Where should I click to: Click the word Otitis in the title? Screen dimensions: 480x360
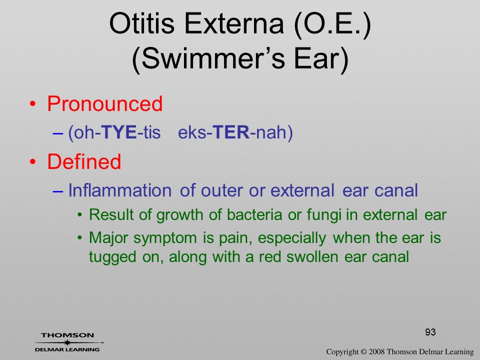coord(141,24)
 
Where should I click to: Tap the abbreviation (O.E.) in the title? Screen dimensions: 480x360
coord(332,24)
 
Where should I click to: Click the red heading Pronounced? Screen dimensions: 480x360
coord(104,104)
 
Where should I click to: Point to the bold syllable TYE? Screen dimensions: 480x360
coord(118,132)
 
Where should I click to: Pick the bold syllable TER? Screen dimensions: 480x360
coord(231,132)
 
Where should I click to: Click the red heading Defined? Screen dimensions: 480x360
coord(84,161)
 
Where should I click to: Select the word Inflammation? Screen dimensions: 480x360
coord(119,190)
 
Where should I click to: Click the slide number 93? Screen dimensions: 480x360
coord(430,332)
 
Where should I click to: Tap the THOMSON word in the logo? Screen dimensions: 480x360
coord(67,335)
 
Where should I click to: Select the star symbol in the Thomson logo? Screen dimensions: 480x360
coord(67,342)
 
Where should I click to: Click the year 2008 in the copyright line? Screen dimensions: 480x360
coord(376,351)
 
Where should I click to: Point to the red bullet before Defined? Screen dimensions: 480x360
coord(32,161)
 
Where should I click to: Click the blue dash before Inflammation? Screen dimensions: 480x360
coord(58,191)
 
